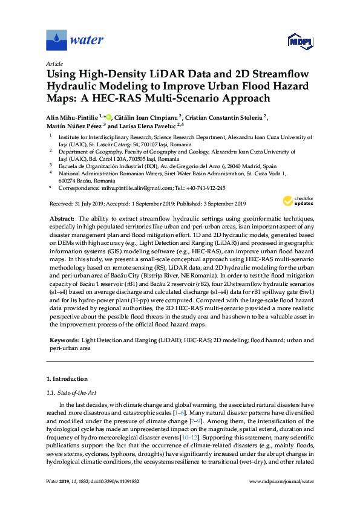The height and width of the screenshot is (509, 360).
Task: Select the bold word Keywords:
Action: [64, 341]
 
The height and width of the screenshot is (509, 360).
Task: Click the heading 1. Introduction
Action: [67, 379]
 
